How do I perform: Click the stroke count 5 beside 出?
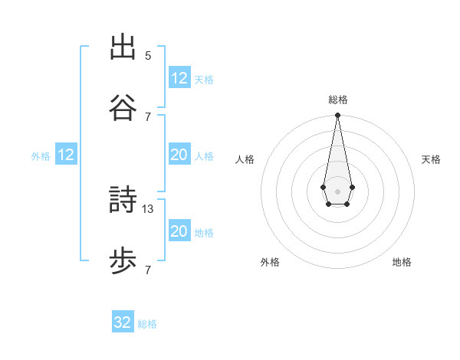(148, 55)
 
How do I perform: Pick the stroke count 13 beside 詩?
(149, 208)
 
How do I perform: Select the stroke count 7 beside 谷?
(148, 116)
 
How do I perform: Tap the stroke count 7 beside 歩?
(148, 270)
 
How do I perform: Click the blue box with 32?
(123, 322)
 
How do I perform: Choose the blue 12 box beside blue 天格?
(179, 78)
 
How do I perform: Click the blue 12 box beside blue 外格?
(66, 155)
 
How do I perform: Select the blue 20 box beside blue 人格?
(179, 155)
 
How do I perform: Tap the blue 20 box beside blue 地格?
(179, 231)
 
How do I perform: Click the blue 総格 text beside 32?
(147, 324)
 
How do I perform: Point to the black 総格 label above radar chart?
(338, 100)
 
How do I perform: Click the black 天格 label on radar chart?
(432, 159)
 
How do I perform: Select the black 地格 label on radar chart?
(402, 262)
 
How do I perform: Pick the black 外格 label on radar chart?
(270, 262)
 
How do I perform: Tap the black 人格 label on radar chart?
(245, 159)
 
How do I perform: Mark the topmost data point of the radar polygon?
(337, 116)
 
